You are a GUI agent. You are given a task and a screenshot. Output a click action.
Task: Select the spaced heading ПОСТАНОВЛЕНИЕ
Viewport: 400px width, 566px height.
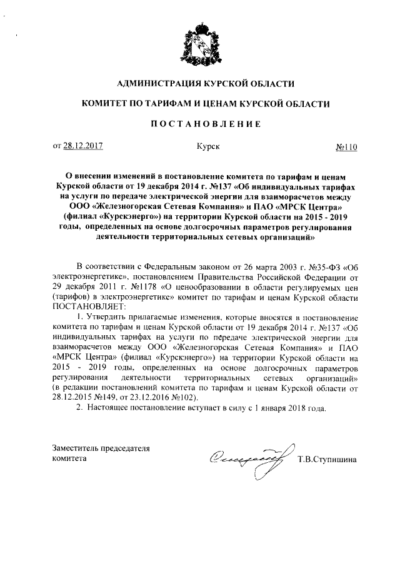click(200, 124)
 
